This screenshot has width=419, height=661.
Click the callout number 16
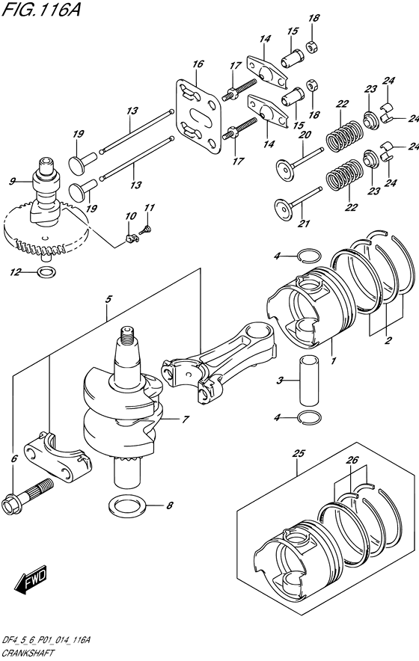(x=198, y=64)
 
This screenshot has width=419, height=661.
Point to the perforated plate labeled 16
(x=198, y=116)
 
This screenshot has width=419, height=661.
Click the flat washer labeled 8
(x=128, y=505)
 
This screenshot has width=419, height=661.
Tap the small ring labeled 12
(x=46, y=272)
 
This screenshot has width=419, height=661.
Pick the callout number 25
(x=298, y=454)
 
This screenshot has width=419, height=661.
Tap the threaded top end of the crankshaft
(x=128, y=336)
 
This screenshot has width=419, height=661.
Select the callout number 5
(x=108, y=300)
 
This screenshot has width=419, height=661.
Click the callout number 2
(x=388, y=339)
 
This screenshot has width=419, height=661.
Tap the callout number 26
(x=352, y=461)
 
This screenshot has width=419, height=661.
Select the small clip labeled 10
(x=132, y=239)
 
